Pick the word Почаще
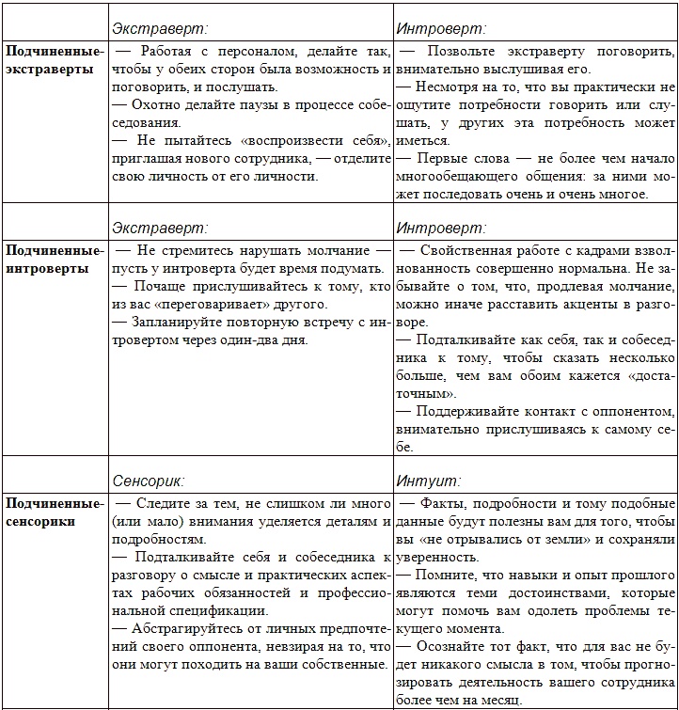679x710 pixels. (x=159, y=287)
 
